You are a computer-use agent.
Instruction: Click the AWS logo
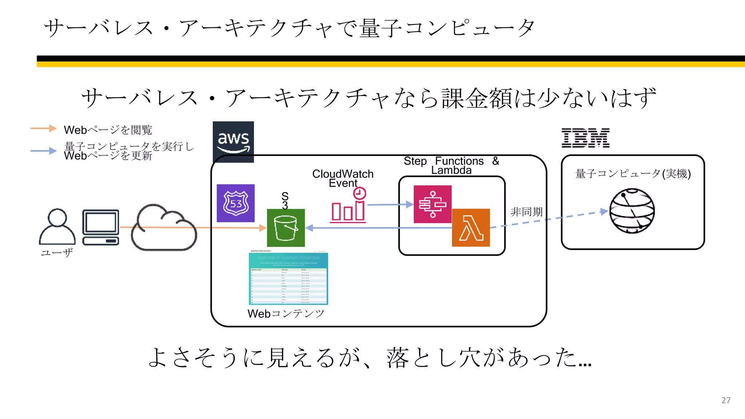(x=233, y=141)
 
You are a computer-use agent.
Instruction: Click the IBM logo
(x=585, y=138)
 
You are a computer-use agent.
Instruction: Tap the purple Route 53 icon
(x=236, y=203)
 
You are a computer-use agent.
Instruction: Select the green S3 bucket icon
(x=286, y=228)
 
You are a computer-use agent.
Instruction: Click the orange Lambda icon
(x=471, y=228)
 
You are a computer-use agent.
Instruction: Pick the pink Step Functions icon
(x=433, y=204)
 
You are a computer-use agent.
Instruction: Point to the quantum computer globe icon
(x=632, y=211)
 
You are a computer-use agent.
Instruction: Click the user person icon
(x=57, y=227)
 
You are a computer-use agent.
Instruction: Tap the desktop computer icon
(x=101, y=227)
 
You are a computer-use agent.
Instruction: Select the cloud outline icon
(x=164, y=228)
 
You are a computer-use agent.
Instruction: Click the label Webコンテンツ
(x=286, y=314)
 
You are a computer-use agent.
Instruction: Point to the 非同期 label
(x=526, y=212)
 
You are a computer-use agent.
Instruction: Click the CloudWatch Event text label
(x=343, y=178)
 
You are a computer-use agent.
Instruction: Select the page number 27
(x=726, y=400)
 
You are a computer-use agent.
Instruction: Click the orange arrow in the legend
(x=44, y=128)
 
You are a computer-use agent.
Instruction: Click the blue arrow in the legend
(x=44, y=151)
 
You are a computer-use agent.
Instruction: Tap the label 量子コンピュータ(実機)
(x=633, y=173)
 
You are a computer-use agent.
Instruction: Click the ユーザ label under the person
(x=57, y=252)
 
